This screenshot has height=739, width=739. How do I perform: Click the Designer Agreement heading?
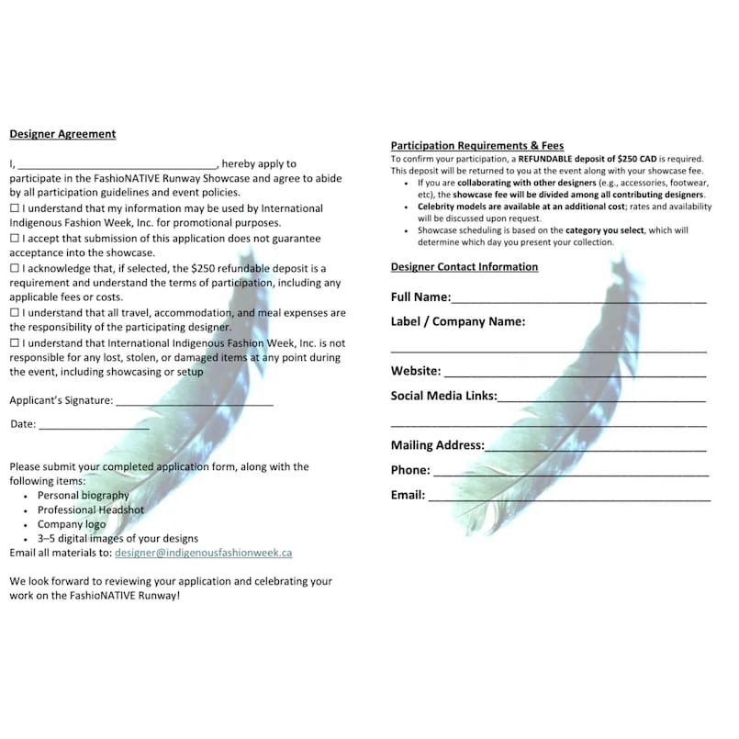coord(62,134)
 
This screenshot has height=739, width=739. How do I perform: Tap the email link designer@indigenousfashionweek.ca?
coord(204,554)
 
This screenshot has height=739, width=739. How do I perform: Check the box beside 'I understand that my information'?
coord(15,209)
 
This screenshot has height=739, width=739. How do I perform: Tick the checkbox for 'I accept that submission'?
coord(15,239)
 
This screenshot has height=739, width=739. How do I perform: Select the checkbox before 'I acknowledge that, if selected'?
coord(15,268)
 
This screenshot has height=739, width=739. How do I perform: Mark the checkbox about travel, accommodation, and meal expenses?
coord(15,313)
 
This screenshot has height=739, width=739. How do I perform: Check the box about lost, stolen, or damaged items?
coord(15,343)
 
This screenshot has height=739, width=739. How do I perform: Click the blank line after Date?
coord(94,426)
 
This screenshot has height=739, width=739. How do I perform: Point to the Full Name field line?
coord(578,299)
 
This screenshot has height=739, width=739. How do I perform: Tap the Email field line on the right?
coord(569,498)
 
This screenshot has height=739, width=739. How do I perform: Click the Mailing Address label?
coord(437,445)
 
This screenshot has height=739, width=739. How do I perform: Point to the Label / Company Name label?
coord(458,322)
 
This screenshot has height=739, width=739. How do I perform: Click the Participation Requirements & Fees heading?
coord(477,146)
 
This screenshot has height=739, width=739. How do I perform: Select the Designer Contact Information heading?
coord(465,267)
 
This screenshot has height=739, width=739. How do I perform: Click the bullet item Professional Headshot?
coord(91,510)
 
